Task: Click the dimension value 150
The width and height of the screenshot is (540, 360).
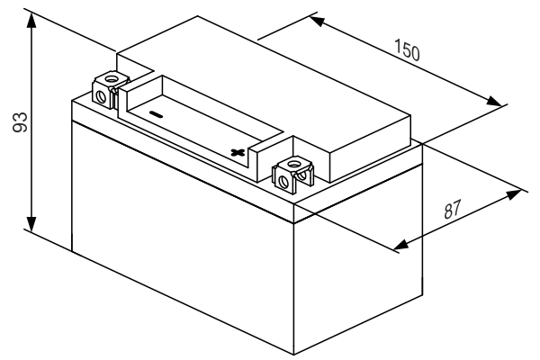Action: (x=407, y=50)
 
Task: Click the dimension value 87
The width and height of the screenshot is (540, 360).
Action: (x=452, y=210)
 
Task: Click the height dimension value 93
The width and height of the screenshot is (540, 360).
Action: (x=20, y=122)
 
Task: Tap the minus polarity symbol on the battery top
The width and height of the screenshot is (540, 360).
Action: (x=156, y=114)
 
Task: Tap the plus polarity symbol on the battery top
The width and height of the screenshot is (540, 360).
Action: (x=238, y=152)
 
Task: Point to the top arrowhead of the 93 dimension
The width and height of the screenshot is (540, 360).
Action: (x=31, y=21)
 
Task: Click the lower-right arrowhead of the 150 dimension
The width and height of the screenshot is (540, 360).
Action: (x=494, y=101)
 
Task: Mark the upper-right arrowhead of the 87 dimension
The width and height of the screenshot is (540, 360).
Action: (x=514, y=194)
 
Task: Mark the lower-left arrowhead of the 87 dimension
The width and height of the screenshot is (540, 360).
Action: (x=400, y=245)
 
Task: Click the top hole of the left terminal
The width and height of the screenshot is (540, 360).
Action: (x=112, y=79)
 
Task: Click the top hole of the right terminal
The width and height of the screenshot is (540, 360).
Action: (x=293, y=164)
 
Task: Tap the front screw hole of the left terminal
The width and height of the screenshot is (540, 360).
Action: (x=101, y=97)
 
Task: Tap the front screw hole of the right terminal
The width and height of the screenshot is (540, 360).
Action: (x=284, y=181)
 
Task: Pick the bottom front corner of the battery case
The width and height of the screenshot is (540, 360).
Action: (x=293, y=355)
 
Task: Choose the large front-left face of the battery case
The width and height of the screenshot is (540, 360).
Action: (x=183, y=238)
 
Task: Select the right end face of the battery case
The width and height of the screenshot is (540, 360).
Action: (x=358, y=259)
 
